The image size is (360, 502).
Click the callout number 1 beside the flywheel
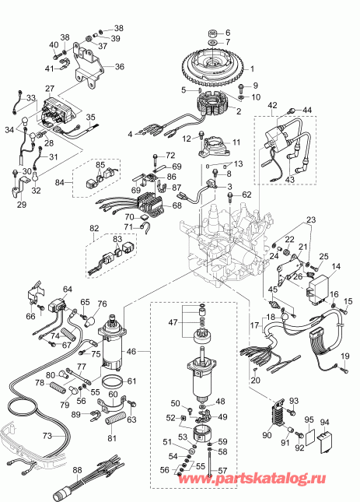[252, 69]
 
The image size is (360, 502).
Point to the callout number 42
[271, 104]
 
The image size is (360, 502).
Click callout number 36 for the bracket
[120, 67]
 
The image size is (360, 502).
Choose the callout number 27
[50, 89]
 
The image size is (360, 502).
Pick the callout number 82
[95, 227]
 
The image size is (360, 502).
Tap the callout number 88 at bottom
[76, 470]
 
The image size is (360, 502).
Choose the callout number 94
[325, 423]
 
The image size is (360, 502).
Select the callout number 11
[237, 142]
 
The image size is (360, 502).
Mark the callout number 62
[246, 195]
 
